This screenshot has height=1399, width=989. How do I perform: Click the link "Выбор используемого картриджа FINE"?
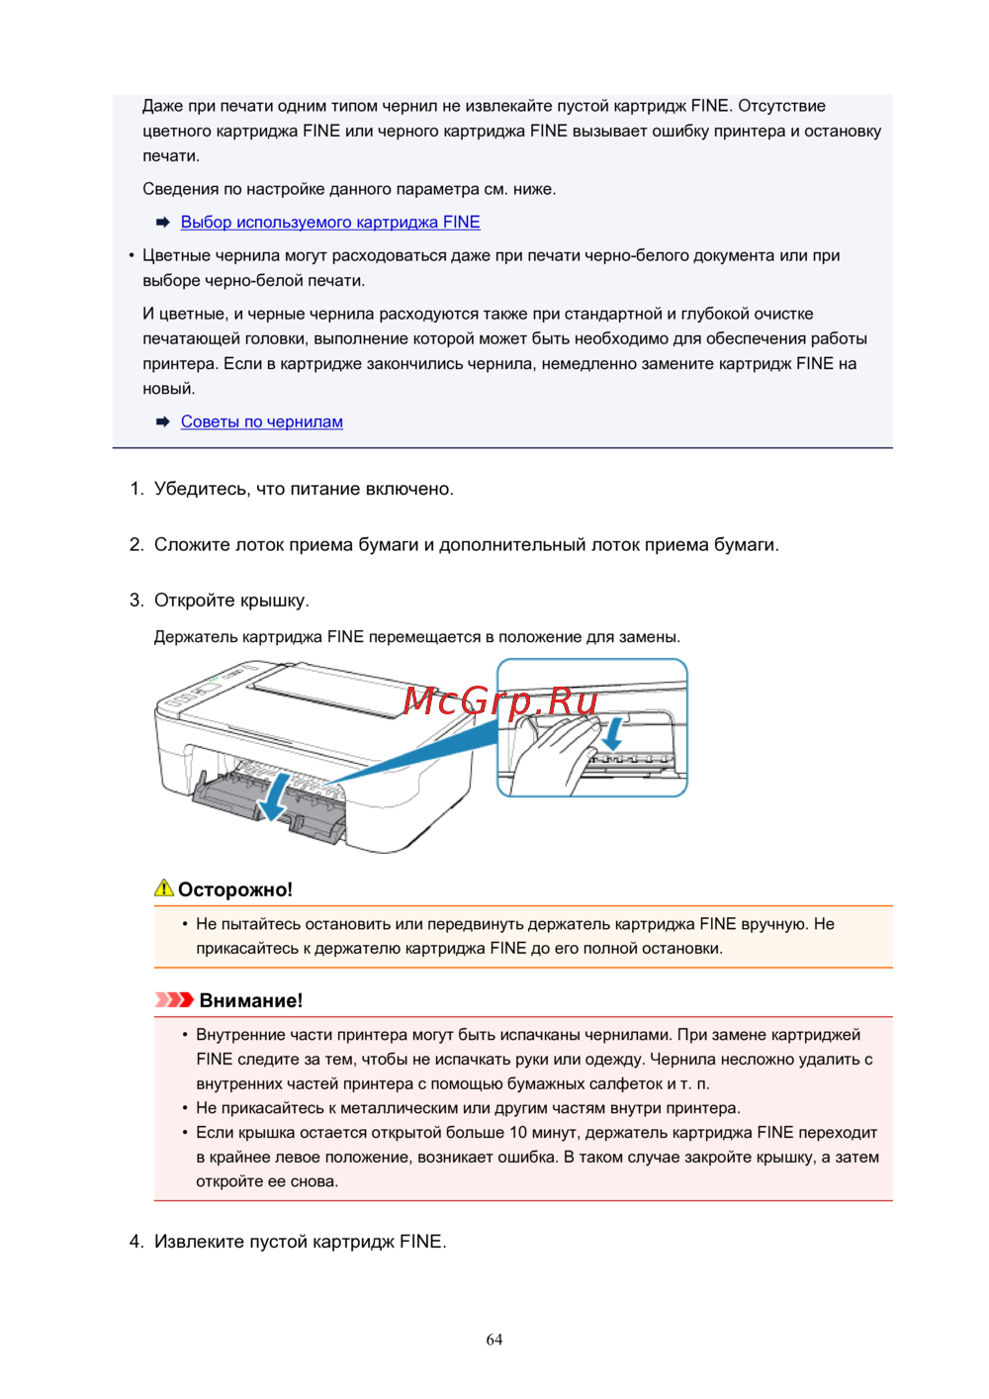tap(330, 223)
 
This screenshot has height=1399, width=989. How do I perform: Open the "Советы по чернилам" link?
tap(262, 421)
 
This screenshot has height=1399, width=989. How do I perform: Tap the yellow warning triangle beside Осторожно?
tap(164, 888)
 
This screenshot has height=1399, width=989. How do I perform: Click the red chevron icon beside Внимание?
tap(174, 999)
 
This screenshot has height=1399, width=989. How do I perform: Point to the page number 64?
tap(494, 1340)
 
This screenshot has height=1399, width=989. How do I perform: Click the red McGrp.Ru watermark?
tap(500, 700)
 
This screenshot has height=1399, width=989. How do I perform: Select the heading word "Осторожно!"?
tap(235, 889)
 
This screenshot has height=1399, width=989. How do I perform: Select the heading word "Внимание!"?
tap(251, 1000)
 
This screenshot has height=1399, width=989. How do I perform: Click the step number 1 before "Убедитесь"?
tap(136, 489)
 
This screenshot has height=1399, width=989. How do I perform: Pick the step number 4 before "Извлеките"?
tap(136, 1242)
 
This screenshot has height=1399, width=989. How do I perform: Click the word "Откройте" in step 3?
tap(195, 601)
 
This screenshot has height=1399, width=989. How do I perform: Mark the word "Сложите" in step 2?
tap(193, 545)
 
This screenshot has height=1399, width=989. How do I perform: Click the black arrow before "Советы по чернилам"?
tap(163, 421)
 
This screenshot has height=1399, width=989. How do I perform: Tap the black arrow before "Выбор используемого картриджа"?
tap(163, 223)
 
